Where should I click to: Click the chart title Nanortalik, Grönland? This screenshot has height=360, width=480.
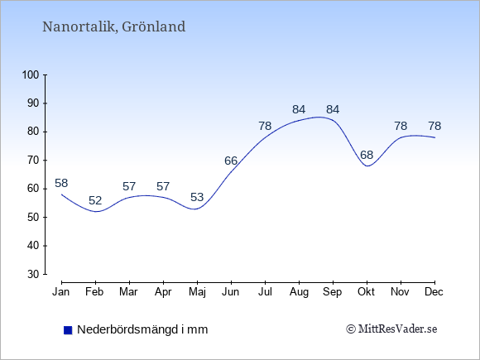[114, 26]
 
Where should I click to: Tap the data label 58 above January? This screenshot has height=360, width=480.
[61, 184]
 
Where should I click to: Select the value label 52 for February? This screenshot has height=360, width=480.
[95, 200]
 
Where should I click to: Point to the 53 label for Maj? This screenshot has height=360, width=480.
[197, 197]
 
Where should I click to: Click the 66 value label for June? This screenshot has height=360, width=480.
[231, 161]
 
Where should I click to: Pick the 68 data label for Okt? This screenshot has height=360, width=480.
[367, 155]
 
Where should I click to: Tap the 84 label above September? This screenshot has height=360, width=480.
[333, 109]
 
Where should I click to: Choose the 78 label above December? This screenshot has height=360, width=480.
[434, 126]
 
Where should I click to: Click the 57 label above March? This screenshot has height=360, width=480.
[129, 186]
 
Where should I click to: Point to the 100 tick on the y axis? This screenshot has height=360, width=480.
[31, 74]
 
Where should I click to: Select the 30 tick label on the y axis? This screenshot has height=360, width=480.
[33, 274]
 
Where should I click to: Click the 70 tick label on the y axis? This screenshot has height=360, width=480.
[33, 160]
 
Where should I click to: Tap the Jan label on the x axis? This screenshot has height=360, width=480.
[61, 292]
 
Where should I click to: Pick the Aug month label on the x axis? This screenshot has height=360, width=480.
[299, 292]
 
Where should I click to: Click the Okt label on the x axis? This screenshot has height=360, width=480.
[367, 292]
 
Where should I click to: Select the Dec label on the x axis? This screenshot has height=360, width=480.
[434, 292]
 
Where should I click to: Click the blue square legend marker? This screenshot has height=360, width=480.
[68, 330]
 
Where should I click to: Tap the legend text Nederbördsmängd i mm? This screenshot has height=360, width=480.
[142, 329]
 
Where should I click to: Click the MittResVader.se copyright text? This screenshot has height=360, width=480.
[391, 329]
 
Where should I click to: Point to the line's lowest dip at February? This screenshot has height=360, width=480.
[96, 211]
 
